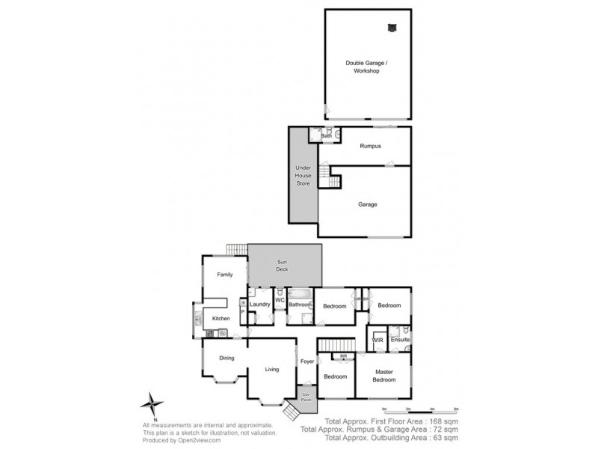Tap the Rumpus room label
click(x=370, y=146)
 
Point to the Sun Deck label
click(x=282, y=266)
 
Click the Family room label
click(x=225, y=275)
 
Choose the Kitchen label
click(x=221, y=319)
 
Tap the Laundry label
click(x=260, y=305)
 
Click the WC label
click(x=280, y=301)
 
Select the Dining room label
click(x=226, y=358)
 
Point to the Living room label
click(x=272, y=369)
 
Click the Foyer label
click(x=307, y=362)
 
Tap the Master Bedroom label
click(x=384, y=376)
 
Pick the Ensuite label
click(x=400, y=340)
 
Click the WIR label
click(x=377, y=340)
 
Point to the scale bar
click(x=419, y=410)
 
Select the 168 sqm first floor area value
click(x=441, y=422)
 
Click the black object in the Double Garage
click(x=391, y=28)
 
